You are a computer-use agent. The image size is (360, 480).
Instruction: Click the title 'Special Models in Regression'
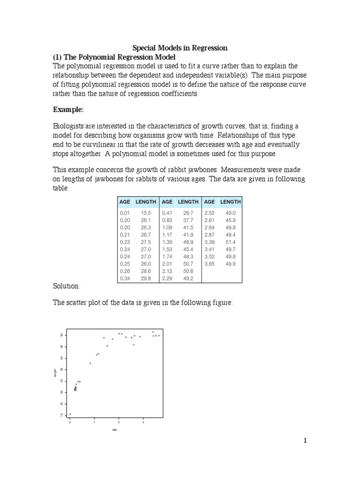click(x=180, y=48)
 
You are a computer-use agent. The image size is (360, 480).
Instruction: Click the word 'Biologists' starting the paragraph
click(x=69, y=127)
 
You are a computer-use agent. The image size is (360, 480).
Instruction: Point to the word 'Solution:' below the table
click(x=66, y=285)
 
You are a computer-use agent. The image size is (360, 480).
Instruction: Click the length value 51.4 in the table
click(x=230, y=241)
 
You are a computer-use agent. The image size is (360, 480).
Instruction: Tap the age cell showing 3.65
click(x=209, y=263)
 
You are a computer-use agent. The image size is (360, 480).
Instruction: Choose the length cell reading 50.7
click(x=187, y=263)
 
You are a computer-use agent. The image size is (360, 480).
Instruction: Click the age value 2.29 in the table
click(x=167, y=278)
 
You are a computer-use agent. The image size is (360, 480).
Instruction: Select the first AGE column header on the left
click(x=125, y=202)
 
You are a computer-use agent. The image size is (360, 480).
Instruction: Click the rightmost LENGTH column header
click(x=230, y=202)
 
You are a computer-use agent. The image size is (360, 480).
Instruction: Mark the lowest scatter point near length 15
click(x=70, y=414)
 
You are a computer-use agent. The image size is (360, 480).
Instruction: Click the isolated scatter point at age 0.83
click(x=90, y=363)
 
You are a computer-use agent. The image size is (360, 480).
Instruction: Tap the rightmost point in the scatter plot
click(x=159, y=336)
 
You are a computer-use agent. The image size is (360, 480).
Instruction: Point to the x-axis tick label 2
click(x=119, y=422)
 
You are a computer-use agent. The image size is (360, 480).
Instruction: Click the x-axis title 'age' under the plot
click(x=114, y=429)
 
